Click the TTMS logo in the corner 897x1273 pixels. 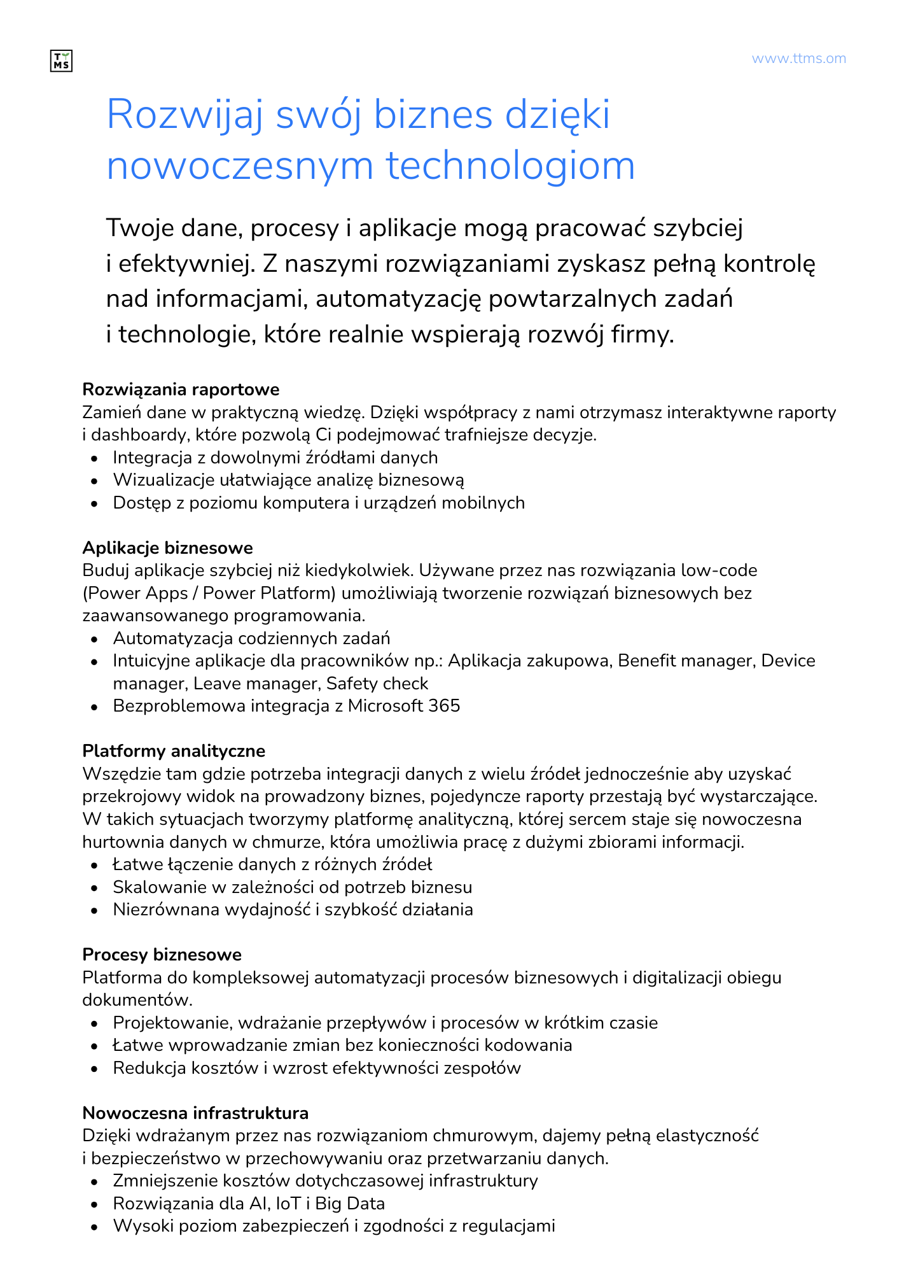61,61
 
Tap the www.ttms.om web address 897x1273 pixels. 798,59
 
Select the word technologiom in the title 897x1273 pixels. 511,165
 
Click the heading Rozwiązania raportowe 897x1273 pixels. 181,389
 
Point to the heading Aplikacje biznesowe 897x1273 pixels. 167,547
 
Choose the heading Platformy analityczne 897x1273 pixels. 174,751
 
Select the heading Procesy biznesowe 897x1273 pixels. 162,955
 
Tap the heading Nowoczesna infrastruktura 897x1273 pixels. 195,1113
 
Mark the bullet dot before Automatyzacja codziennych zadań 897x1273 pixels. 95,639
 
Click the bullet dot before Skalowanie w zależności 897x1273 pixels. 95,888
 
